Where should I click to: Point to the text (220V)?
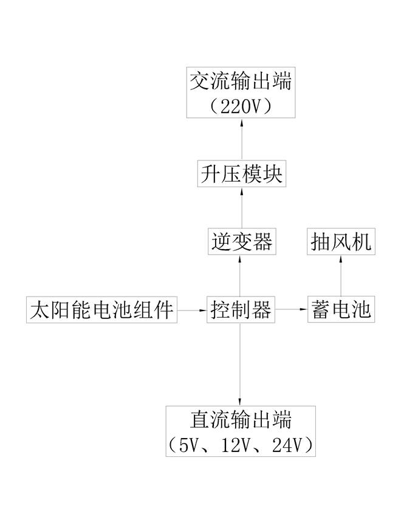(241, 107)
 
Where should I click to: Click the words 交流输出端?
(241, 81)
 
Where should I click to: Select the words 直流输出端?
(241, 420)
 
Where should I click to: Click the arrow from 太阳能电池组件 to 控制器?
(192, 310)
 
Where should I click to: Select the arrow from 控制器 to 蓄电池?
(291, 309)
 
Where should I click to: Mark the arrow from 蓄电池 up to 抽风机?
(341, 275)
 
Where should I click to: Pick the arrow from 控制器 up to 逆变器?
(240, 275)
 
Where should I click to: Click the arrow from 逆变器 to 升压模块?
(242, 207)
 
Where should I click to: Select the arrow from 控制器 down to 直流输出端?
(240, 365)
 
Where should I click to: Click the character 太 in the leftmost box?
(39, 310)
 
